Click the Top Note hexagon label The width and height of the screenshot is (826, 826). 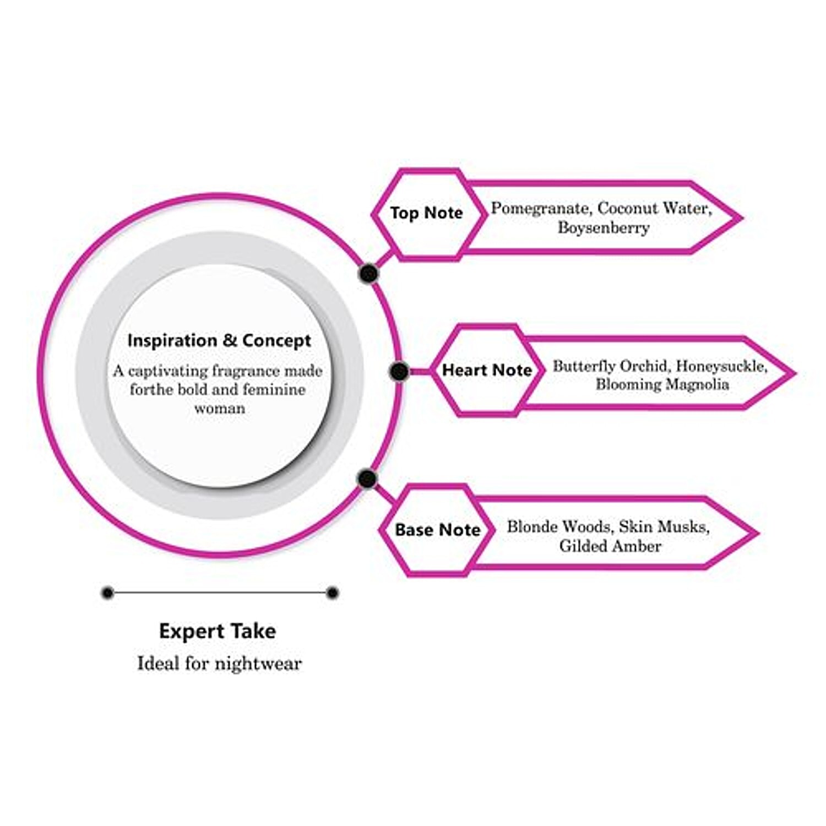(426, 213)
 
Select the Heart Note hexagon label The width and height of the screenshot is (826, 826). (487, 370)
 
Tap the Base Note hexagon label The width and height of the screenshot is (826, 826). (437, 530)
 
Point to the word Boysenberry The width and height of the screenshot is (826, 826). (604, 227)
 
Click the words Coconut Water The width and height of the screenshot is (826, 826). (654, 208)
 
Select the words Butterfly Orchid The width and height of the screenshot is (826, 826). (610, 366)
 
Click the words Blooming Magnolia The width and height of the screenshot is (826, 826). (662, 384)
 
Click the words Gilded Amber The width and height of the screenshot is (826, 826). (610, 546)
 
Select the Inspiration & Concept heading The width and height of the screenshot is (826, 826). (219, 341)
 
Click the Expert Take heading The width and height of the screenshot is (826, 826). (218, 631)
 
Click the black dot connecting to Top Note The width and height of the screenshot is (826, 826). (368, 273)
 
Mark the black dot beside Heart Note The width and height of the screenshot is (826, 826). (399, 372)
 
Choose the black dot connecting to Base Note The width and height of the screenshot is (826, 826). (367, 479)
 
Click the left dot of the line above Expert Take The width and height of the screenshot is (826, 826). (108, 593)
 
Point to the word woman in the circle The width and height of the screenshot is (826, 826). (219, 409)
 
